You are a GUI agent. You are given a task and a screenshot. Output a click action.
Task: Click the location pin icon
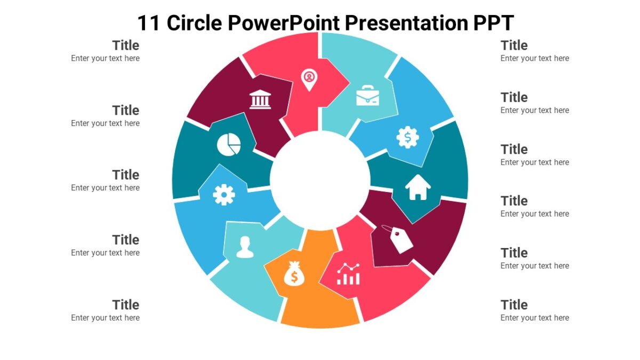(309, 79)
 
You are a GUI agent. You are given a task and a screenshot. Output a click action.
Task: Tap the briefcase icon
(367, 95)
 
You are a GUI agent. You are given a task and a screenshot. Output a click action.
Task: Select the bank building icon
(260, 99)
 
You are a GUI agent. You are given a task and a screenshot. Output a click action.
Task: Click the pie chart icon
(229, 144)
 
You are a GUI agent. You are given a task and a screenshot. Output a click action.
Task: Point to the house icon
(418, 188)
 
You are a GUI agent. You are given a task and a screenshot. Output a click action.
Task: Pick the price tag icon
(399, 238)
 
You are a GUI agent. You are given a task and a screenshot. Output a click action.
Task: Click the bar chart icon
(348, 274)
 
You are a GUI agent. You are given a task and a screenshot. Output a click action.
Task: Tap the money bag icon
(294, 274)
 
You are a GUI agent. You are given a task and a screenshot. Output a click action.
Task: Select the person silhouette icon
(245, 247)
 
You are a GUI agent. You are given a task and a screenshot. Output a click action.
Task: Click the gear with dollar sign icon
(408, 138)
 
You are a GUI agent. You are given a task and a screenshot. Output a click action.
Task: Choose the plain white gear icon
(224, 195)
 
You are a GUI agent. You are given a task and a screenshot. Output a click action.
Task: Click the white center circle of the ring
(320, 178)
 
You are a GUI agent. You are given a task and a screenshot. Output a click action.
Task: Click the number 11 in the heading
(149, 23)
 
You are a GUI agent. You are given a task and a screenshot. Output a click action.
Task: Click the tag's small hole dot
(396, 233)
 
